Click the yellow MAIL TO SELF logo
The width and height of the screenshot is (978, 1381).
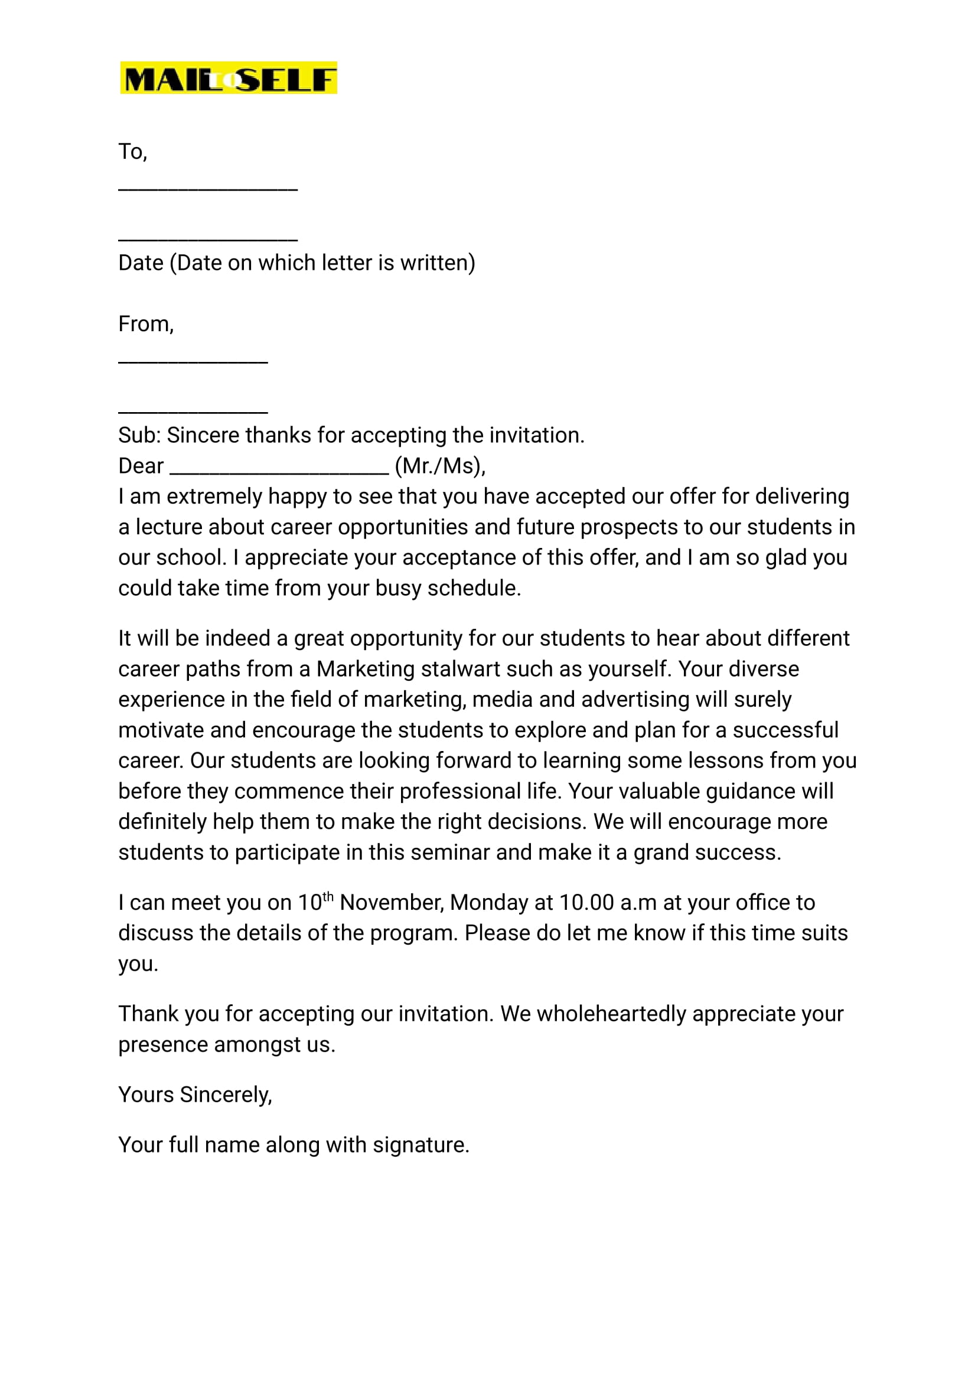click(228, 78)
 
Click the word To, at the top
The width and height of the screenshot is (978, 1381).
click(132, 152)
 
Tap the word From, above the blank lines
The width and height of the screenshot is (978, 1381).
click(146, 324)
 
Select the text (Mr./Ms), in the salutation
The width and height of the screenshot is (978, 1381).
click(439, 466)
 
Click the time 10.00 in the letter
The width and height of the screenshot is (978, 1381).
click(586, 902)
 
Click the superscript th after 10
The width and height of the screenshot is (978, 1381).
click(328, 897)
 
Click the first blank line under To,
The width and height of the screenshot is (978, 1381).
click(208, 190)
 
